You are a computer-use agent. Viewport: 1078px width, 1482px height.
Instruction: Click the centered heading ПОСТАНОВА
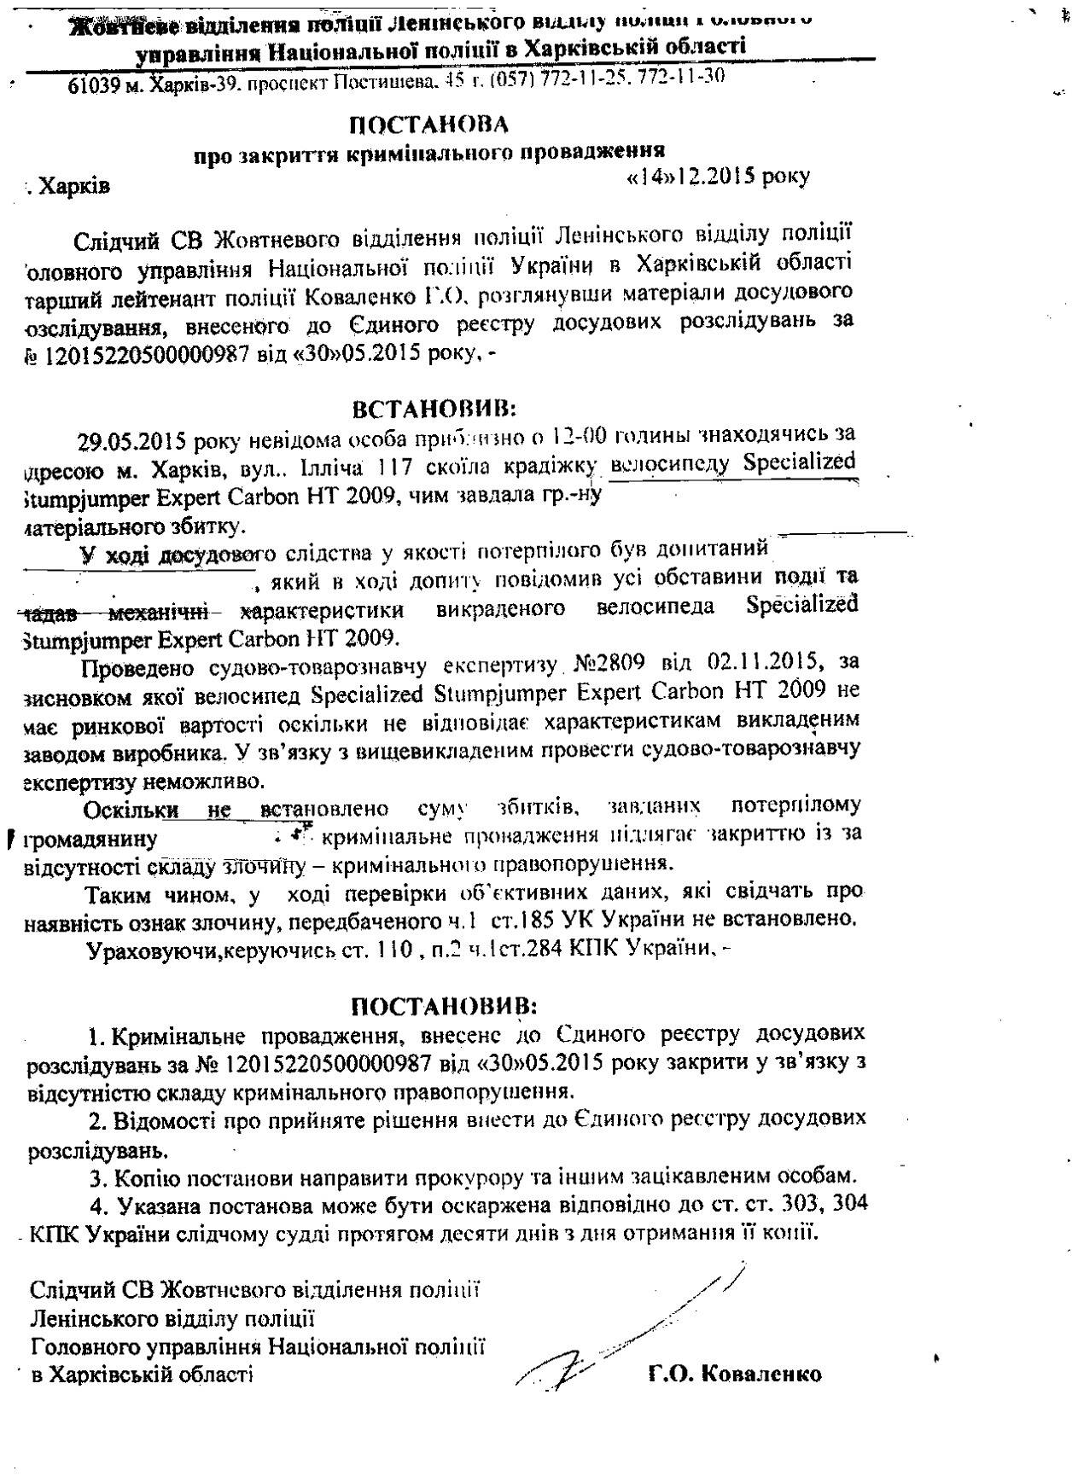pyautogui.click(x=429, y=125)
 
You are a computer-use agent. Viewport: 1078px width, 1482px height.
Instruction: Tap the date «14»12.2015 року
pyautogui.click(x=718, y=176)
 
